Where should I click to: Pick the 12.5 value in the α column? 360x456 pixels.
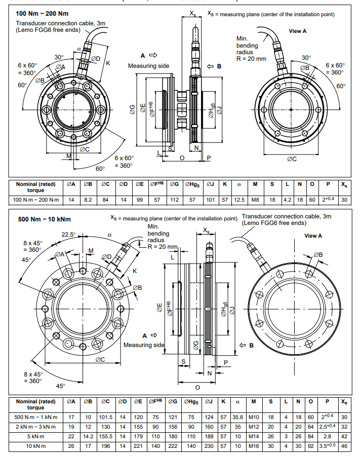[238, 200]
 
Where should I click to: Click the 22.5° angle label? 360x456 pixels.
[69, 235]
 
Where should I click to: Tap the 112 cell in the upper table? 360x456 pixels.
[175, 200]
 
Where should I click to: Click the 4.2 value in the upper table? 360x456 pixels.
[288, 200]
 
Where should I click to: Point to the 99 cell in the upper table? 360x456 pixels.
[138, 200]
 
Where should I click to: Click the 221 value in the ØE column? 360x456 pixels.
[138, 445]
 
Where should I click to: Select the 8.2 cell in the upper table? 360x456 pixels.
[88, 200]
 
